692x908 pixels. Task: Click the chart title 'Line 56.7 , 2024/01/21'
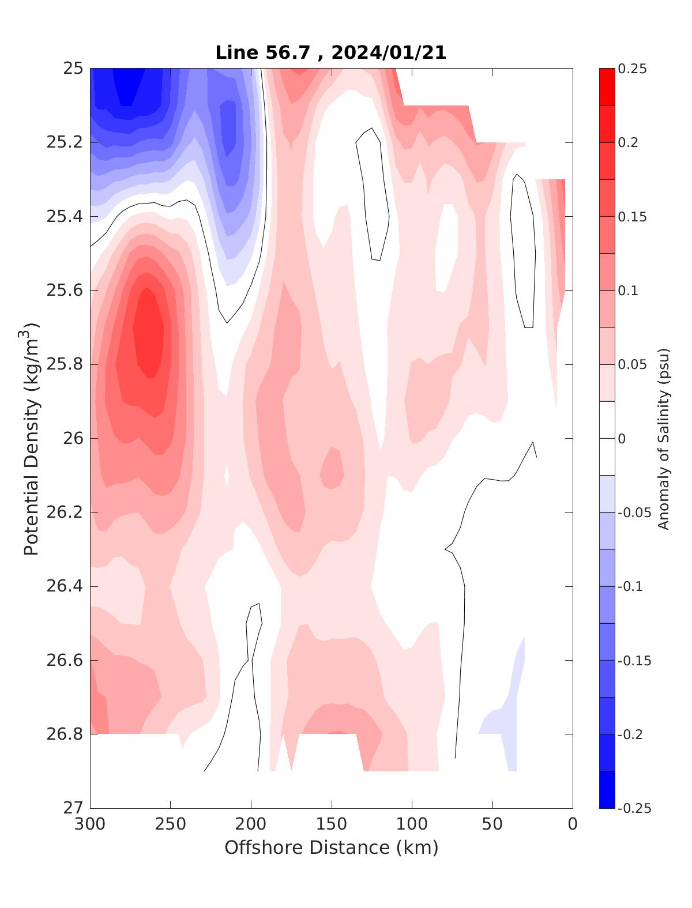click(330, 52)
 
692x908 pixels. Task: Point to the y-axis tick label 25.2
click(64, 142)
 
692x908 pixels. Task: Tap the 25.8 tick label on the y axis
click(64, 364)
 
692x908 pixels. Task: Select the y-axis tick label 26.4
click(64, 586)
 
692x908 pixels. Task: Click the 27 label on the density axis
click(73, 808)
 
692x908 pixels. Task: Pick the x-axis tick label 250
click(171, 824)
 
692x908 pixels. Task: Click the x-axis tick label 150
click(332, 824)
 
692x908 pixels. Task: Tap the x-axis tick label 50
click(492, 824)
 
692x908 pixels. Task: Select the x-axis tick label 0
click(573, 824)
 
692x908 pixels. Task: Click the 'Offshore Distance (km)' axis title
click(331, 847)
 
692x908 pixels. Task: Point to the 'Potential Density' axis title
click(31, 438)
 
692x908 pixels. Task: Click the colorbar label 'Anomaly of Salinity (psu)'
click(664, 438)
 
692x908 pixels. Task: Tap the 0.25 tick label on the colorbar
click(632, 69)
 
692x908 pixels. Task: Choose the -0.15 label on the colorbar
click(634, 661)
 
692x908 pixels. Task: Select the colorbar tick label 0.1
click(628, 291)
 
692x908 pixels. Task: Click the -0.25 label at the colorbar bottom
click(634, 808)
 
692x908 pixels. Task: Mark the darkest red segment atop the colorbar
click(607, 86)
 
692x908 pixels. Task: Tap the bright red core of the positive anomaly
click(149, 334)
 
